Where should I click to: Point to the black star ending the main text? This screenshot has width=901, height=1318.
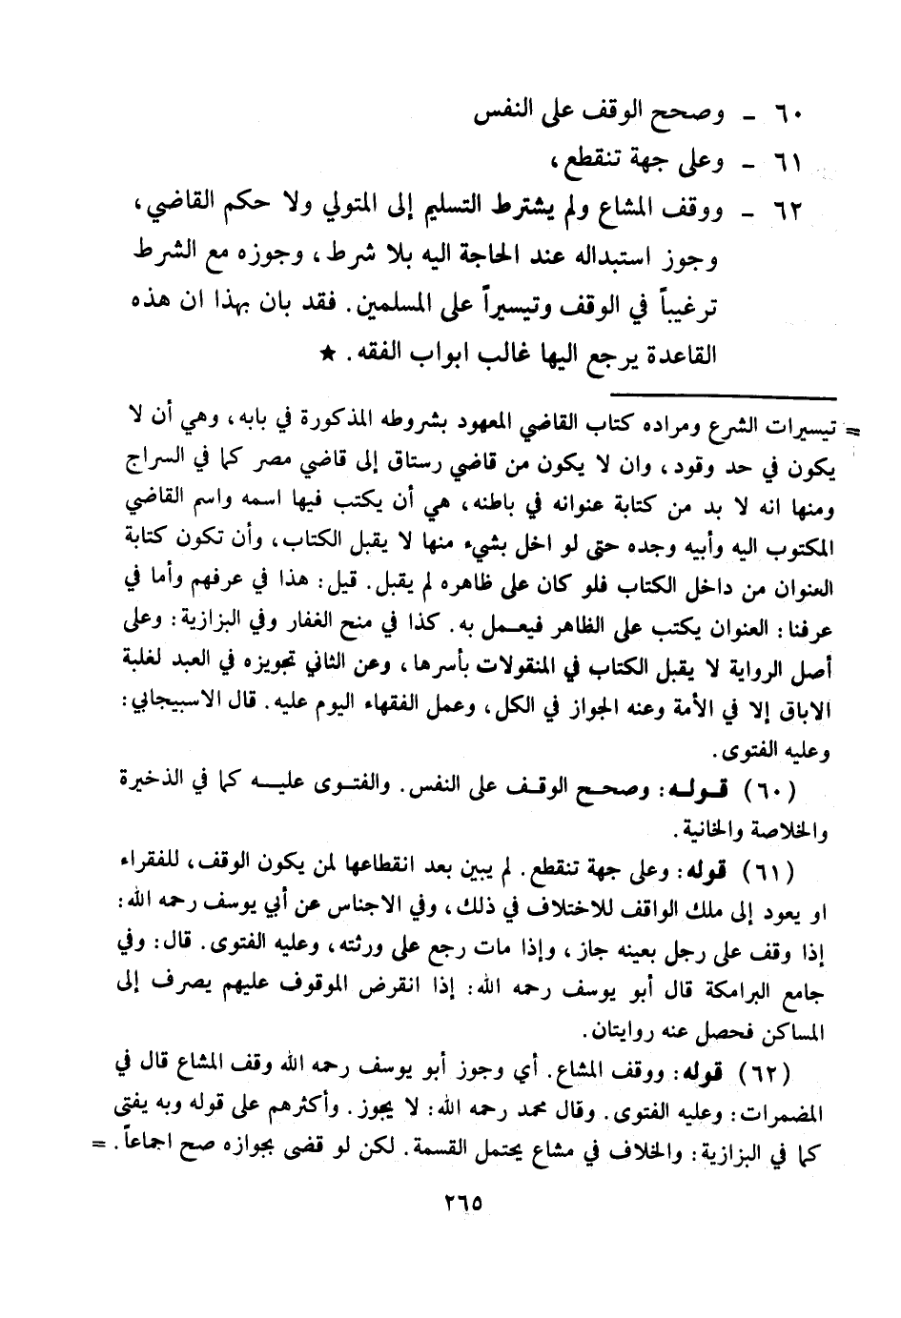(327, 355)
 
